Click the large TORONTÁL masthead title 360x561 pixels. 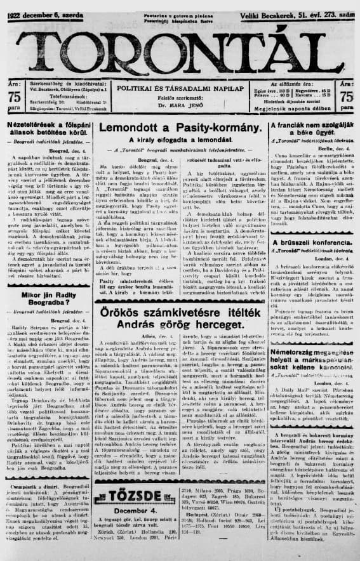point(180,49)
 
